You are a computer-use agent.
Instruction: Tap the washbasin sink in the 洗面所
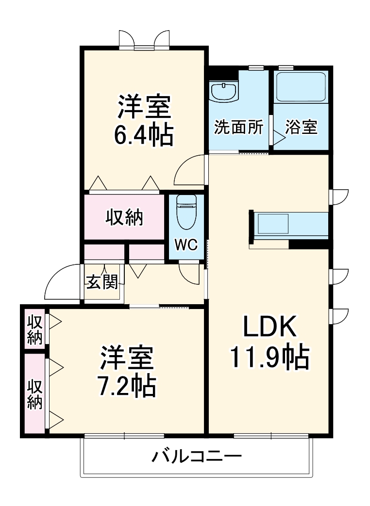(224, 91)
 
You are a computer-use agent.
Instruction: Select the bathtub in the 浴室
(299, 87)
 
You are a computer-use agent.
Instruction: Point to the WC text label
(186, 245)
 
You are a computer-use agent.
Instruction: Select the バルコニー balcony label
(196, 457)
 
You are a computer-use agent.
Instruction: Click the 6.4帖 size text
(144, 136)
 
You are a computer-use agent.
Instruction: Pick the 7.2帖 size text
(128, 386)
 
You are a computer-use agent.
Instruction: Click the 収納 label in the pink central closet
(125, 217)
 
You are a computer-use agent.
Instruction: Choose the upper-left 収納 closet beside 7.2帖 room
(34, 329)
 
